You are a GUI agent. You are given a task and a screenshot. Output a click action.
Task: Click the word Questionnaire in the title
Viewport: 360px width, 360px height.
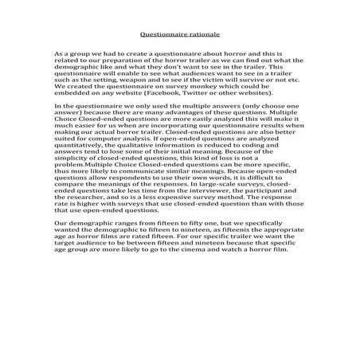[x=165, y=36]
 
